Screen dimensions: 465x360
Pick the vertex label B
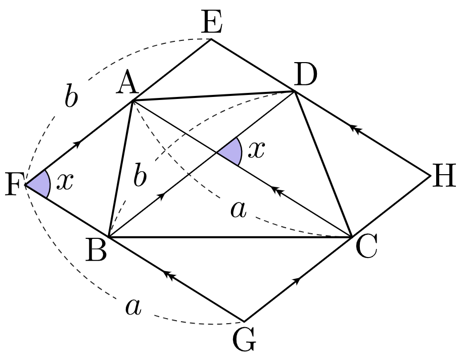coord(96,249)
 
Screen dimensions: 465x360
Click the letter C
coord(366,245)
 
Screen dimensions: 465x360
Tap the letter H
coord(444,175)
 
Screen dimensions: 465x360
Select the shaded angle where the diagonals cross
coord(232,151)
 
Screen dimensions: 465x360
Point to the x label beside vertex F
coord(65,181)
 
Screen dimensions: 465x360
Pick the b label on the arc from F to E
coord(71,95)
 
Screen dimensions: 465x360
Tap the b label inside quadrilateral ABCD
coord(139,175)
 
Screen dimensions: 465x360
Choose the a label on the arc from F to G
coord(133,306)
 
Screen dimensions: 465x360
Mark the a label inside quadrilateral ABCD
coord(239,210)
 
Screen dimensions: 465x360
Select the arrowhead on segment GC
coord(297,280)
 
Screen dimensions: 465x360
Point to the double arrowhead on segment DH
coord(355,129)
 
